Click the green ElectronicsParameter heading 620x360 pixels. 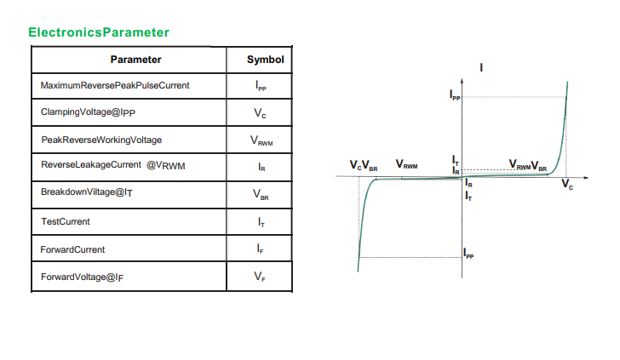98,32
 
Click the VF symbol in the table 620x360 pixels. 261,277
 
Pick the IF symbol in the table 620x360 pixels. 261,249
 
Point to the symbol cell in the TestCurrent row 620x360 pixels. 261,221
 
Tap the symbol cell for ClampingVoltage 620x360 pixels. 261,112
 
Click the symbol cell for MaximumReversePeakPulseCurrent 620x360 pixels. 261,86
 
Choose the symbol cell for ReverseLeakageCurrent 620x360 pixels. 261,167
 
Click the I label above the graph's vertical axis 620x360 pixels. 483,67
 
